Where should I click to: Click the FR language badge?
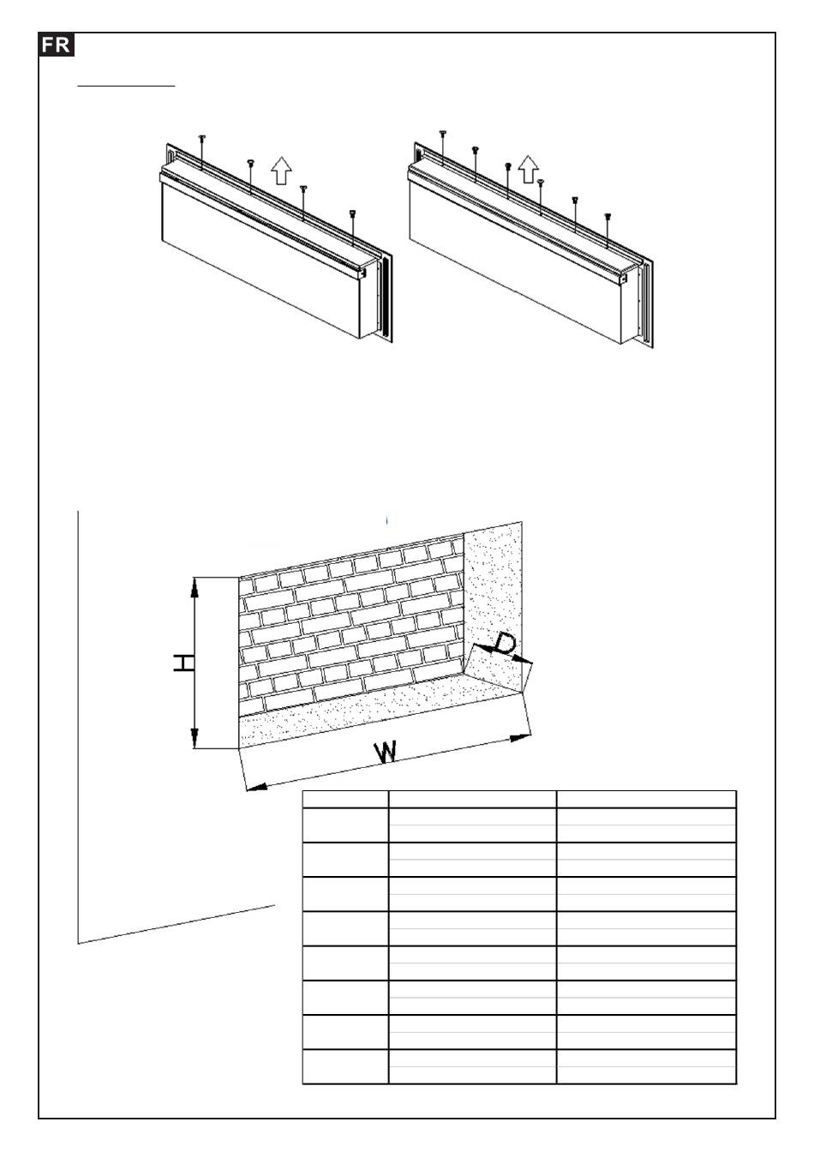[57, 45]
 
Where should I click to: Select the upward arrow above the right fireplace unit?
[529, 168]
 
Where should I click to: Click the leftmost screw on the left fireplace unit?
[202, 138]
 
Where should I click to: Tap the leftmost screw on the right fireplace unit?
[442, 133]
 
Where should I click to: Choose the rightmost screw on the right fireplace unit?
[607, 217]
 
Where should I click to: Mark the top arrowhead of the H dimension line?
[195, 586]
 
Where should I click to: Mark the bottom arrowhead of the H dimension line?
[195, 739]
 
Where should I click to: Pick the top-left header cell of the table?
[345, 799]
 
